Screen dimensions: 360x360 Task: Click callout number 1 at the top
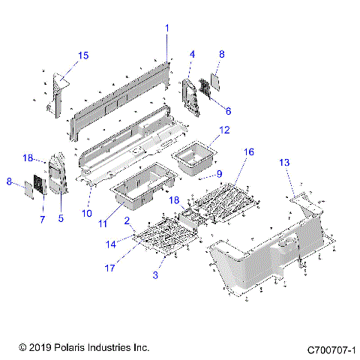[167, 28]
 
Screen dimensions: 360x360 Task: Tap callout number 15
[83, 55]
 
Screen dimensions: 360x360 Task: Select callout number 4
[192, 54]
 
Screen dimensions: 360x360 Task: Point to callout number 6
[228, 111]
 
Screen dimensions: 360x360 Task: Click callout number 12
[224, 130]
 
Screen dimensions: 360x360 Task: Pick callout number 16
[249, 151]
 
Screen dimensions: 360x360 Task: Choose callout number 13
[284, 163]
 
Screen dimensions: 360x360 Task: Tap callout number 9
[219, 174]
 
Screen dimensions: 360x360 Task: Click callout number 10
[87, 213]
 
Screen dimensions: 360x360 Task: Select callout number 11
[103, 223]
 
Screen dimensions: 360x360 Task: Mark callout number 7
[43, 219]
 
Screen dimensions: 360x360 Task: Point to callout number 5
[61, 218]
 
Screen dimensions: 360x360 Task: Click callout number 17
[109, 268]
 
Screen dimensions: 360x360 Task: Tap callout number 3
[155, 275]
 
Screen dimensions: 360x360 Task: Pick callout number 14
[111, 244]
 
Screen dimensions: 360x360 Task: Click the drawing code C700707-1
[331, 350]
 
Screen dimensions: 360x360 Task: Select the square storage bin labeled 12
[194, 157]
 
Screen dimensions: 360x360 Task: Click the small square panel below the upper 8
[215, 82]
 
